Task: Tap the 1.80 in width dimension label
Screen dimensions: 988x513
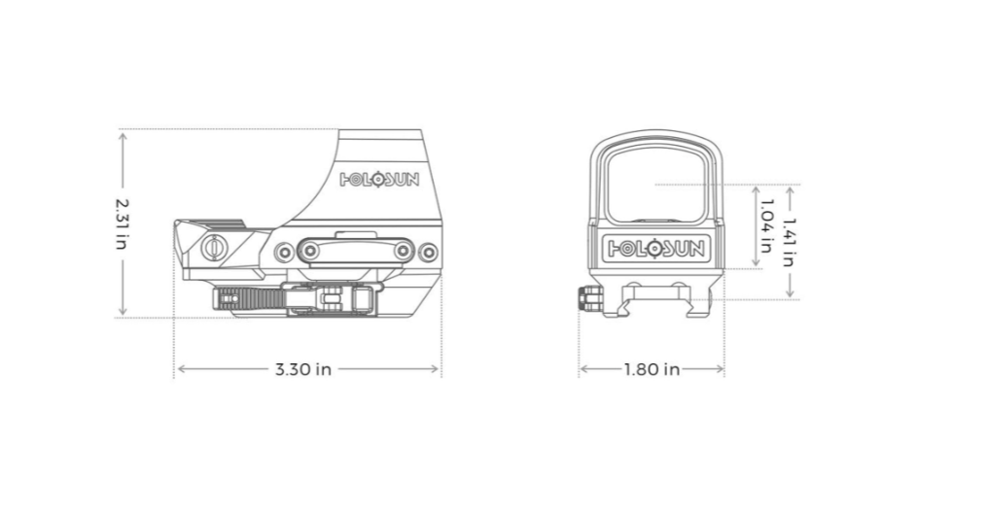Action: click(651, 369)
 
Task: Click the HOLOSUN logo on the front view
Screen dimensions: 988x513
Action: click(653, 248)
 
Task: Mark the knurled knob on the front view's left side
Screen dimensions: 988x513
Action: click(586, 299)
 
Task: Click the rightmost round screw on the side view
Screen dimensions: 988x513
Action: click(429, 253)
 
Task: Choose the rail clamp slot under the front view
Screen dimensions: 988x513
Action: click(653, 291)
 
